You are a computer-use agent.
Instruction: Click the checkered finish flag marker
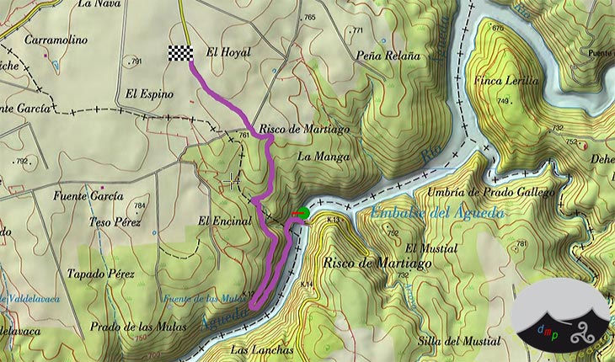click(180, 53)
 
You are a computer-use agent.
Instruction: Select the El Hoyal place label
click(223, 52)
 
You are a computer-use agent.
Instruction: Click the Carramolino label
click(52, 40)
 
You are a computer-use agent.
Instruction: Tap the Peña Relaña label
click(388, 56)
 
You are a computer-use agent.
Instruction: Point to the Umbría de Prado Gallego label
click(491, 193)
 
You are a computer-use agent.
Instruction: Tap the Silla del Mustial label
click(457, 341)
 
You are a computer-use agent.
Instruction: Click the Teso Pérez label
click(115, 222)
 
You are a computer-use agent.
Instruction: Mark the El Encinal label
click(225, 221)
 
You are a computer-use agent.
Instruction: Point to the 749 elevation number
click(504, 101)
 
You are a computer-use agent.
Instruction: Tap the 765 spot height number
click(309, 18)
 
